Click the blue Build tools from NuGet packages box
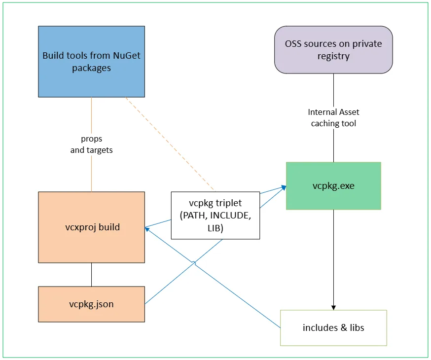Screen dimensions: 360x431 [91, 61]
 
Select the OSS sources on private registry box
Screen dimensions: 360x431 [333, 49]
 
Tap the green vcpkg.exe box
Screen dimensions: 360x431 [333, 186]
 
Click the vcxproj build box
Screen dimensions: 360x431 [91, 227]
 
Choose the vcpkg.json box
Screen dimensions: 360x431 [91, 304]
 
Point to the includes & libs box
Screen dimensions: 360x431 [333, 327]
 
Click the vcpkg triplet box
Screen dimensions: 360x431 [215, 216]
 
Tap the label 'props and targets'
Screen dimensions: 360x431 [91, 144]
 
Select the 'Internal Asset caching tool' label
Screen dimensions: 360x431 [333, 118]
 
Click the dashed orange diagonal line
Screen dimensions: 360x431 [170, 144]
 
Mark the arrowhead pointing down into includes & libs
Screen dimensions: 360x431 [333, 306]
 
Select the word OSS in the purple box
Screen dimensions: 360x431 [293, 43]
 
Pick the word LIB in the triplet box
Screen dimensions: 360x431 [215, 228]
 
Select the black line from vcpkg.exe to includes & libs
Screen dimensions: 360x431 [333, 256]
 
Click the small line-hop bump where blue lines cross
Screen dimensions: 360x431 [195, 263]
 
